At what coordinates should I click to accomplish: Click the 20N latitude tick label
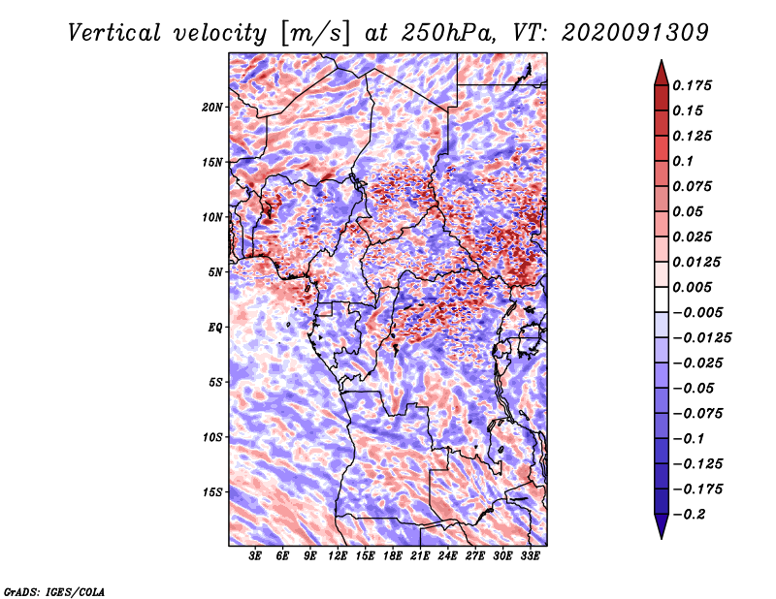[212, 107]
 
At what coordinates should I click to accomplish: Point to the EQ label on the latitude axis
[215, 328]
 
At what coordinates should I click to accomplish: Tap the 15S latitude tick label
[212, 492]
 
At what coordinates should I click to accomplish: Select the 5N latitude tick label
[215, 272]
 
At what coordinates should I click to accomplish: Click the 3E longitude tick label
[255, 556]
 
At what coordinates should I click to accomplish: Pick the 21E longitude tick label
[420, 556]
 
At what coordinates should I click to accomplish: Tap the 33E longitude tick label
[530, 556]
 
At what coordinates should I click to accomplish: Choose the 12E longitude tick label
[338, 556]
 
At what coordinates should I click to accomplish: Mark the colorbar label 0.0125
[697, 263]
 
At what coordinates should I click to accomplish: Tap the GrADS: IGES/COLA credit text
[53, 591]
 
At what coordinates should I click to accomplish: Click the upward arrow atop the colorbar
[660, 67]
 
